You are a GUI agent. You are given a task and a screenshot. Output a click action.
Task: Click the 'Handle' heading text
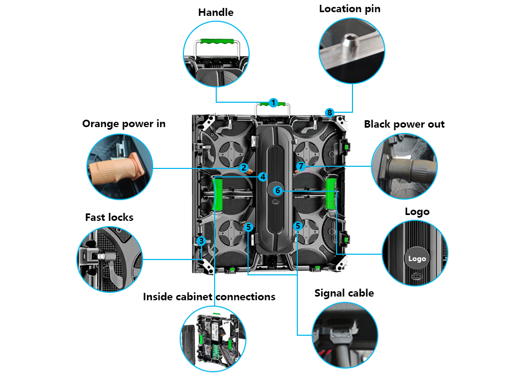(x=216, y=12)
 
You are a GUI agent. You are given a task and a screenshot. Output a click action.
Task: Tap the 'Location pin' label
(x=349, y=9)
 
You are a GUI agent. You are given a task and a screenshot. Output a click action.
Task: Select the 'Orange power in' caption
(x=123, y=124)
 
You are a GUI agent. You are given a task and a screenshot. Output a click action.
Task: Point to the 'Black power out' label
(x=404, y=124)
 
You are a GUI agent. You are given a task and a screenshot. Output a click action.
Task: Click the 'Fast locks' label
(x=109, y=218)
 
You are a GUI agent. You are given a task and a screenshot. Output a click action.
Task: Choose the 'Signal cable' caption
(x=344, y=293)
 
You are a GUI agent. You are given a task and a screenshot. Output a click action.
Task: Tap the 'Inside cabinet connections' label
(x=209, y=297)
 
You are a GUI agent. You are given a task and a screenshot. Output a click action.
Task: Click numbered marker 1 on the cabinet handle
(x=273, y=103)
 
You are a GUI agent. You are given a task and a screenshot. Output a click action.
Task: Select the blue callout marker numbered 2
(x=244, y=168)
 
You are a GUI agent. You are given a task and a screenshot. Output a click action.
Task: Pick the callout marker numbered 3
(x=201, y=241)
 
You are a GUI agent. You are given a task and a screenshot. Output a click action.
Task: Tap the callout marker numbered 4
(x=263, y=177)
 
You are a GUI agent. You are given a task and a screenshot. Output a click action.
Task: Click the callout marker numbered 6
(x=277, y=190)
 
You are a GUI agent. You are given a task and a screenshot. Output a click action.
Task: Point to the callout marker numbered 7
(x=301, y=166)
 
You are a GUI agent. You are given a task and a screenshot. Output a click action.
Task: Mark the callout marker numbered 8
(x=330, y=112)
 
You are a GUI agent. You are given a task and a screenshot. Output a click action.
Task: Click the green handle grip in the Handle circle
(x=216, y=42)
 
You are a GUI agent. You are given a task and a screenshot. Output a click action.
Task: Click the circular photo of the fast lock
(x=110, y=259)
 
